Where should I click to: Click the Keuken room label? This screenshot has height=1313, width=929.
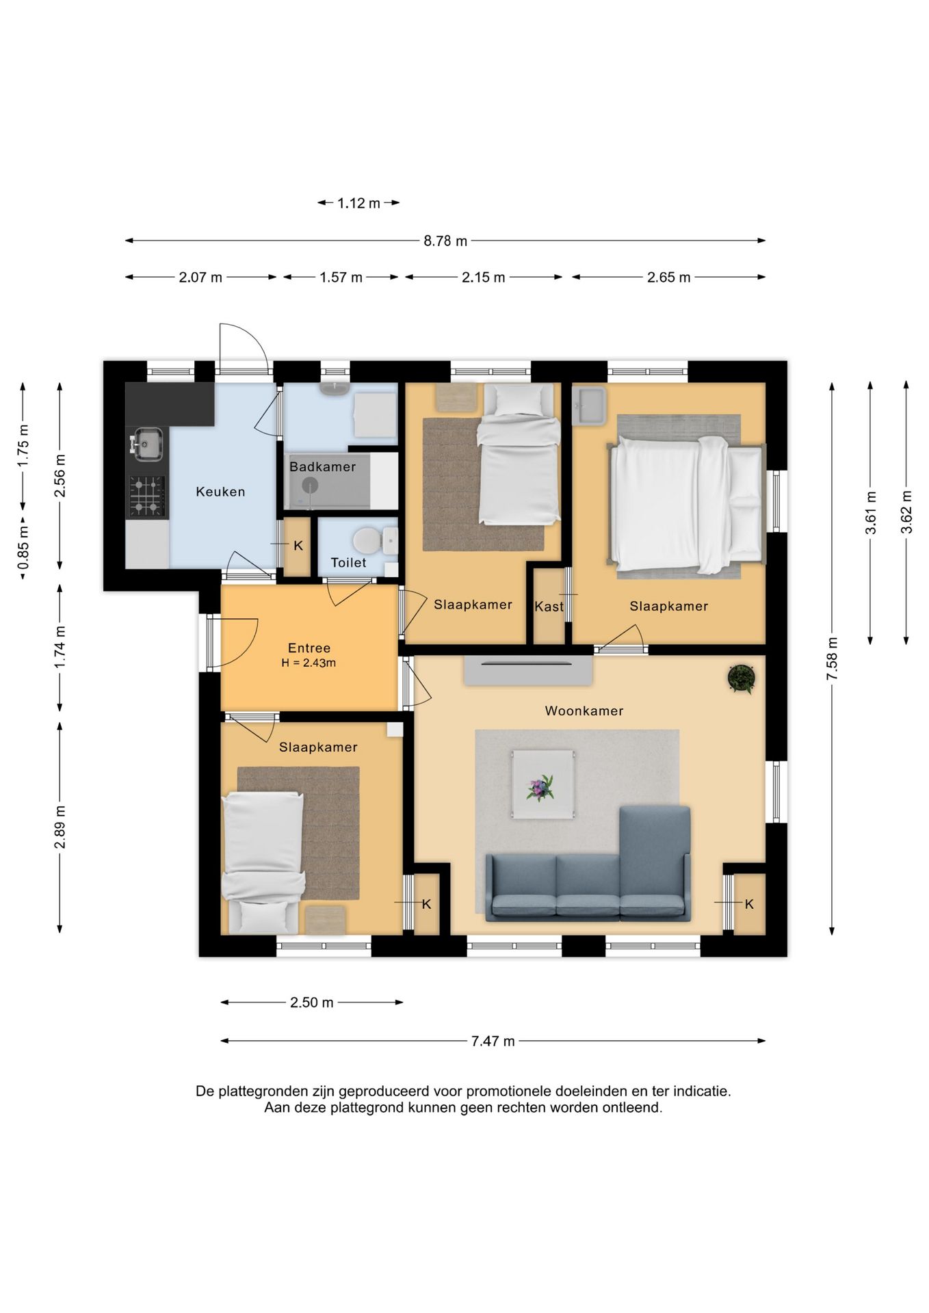coord(220,492)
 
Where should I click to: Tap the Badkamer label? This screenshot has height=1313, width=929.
coord(322,467)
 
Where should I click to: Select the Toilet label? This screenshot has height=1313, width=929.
coord(348,563)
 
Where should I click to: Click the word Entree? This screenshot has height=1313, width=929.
coord(309,648)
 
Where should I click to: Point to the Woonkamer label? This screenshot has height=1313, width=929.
coord(584,711)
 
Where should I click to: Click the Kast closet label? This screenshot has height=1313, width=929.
coord(549,607)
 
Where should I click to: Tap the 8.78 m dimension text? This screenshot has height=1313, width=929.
coord(445,241)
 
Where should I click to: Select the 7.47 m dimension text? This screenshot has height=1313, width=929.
coord(493,1042)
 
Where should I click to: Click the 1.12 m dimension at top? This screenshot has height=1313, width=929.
coord(358,203)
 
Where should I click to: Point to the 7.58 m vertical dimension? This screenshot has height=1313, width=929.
coord(832,658)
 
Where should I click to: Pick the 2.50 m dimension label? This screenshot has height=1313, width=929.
coord(312,1003)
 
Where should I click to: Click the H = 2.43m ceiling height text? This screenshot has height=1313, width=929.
coord(309,663)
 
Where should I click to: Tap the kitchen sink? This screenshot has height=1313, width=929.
coord(146,445)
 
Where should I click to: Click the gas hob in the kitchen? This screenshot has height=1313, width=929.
coord(147,496)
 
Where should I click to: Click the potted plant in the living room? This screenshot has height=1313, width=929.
coord(741,678)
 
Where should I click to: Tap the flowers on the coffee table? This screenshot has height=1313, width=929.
coord(540,788)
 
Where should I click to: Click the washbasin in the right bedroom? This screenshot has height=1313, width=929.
coord(589,406)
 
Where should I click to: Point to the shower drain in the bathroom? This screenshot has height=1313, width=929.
coord(311,486)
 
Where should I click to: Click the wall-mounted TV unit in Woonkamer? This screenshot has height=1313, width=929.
coord(528,670)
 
